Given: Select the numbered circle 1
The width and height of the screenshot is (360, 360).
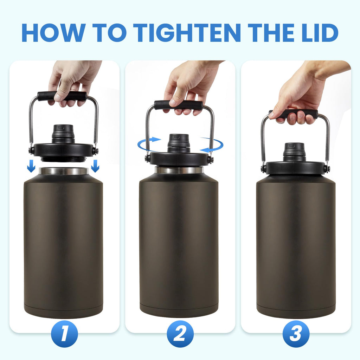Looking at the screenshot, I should (64, 334).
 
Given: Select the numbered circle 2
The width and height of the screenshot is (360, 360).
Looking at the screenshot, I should (180, 334).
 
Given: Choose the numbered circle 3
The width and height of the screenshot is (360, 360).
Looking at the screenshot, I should (296, 334).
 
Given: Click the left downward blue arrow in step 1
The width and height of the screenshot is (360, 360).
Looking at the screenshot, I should (31, 166).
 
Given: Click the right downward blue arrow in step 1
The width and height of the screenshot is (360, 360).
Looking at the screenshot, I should (95, 166).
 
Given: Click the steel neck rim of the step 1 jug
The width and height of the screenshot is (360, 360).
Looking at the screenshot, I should (63, 171).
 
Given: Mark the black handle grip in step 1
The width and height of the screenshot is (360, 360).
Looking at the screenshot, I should (62, 96).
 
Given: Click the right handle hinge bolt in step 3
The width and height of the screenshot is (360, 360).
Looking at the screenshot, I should (327, 168).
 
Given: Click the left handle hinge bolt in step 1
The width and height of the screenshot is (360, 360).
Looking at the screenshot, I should (31, 150).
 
